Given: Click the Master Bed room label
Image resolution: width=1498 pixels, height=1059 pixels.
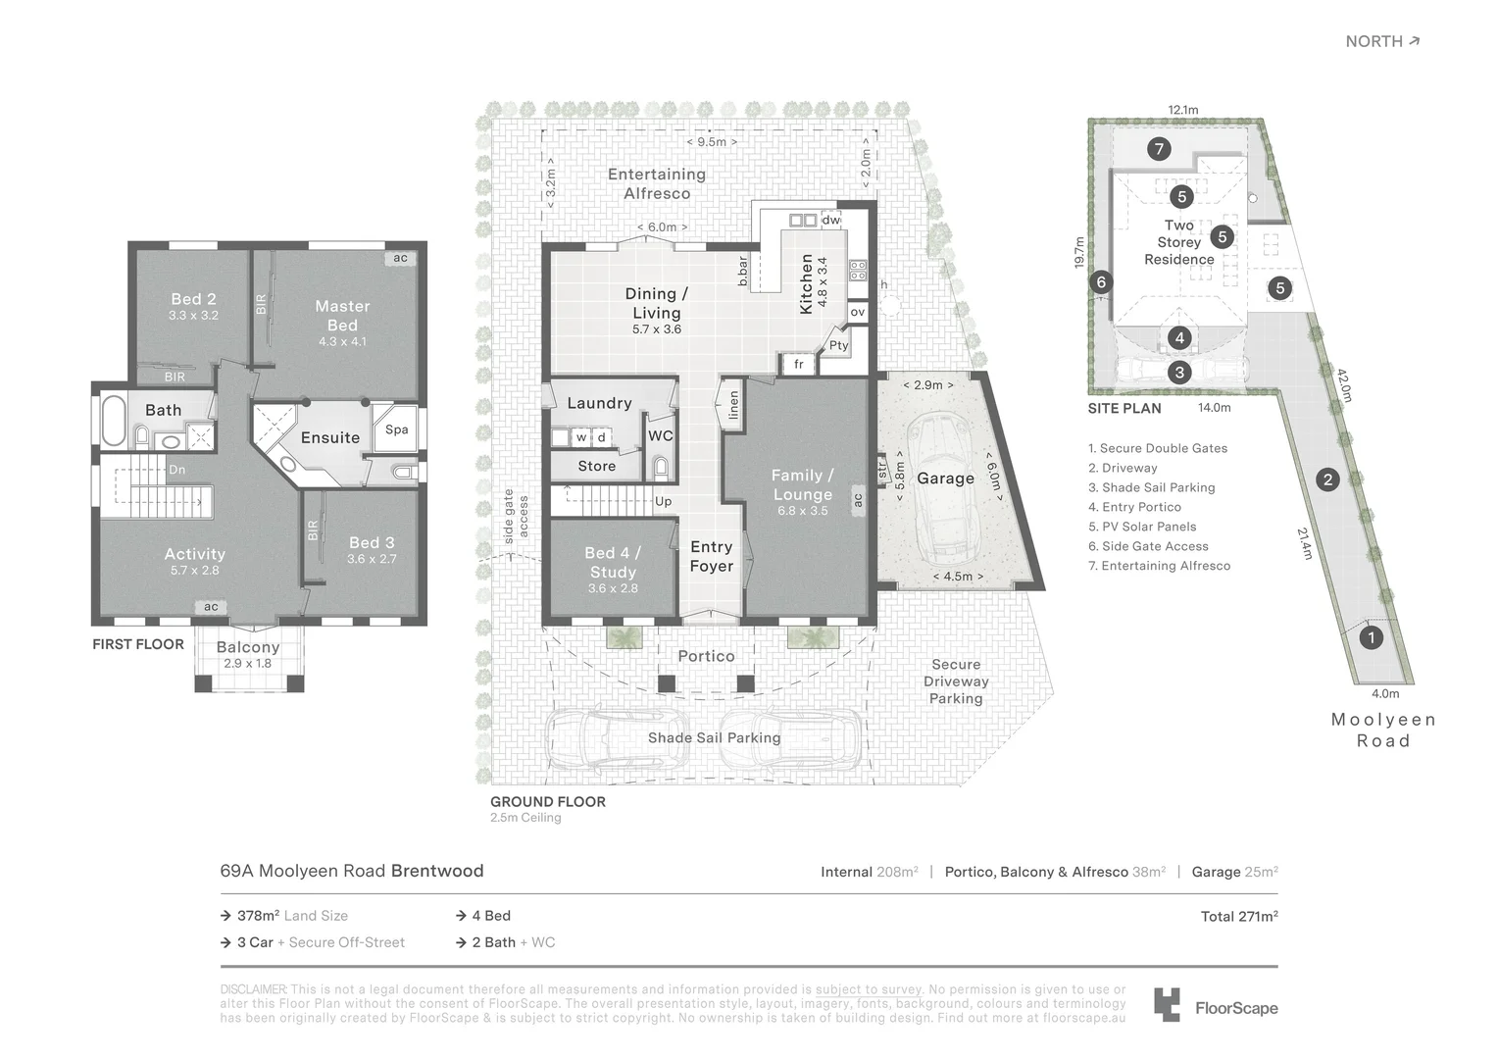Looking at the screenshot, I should [x=342, y=315].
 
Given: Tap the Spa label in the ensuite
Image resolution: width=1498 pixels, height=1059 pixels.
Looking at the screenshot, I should [x=396, y=429].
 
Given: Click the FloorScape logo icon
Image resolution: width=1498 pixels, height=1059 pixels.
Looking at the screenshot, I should [x=1167, y=1005].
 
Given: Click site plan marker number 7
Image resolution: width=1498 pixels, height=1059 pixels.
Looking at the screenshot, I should [x=1159, y=149].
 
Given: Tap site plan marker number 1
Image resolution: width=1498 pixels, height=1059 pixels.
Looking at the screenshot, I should [x=1371, y=637].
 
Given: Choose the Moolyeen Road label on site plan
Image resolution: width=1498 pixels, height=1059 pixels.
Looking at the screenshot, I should [x=1383, y=730].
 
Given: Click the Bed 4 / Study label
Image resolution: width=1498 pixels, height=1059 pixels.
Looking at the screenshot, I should [x=613, y=563].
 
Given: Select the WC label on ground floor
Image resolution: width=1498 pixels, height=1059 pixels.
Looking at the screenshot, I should [x=661, y=436].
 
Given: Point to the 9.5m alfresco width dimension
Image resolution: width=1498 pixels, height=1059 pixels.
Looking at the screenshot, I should [x=712, y=142].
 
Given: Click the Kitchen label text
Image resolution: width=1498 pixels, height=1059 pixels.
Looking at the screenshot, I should [x=807, y=284].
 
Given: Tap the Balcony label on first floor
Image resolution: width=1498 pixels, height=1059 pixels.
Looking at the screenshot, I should [x=248, y=647].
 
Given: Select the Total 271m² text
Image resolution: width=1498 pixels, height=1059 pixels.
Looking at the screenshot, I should [x=1238, y=916].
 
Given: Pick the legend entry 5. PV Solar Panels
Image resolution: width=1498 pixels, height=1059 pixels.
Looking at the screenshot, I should [x=1142, y=527].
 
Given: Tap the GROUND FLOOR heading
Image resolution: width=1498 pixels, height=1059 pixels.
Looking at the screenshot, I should [x=548, y=801].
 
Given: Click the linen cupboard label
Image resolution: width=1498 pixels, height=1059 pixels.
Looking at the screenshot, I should [x=733, y=405].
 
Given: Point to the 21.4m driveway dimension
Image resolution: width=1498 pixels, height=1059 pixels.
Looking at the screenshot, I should [x=1304, y=543].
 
